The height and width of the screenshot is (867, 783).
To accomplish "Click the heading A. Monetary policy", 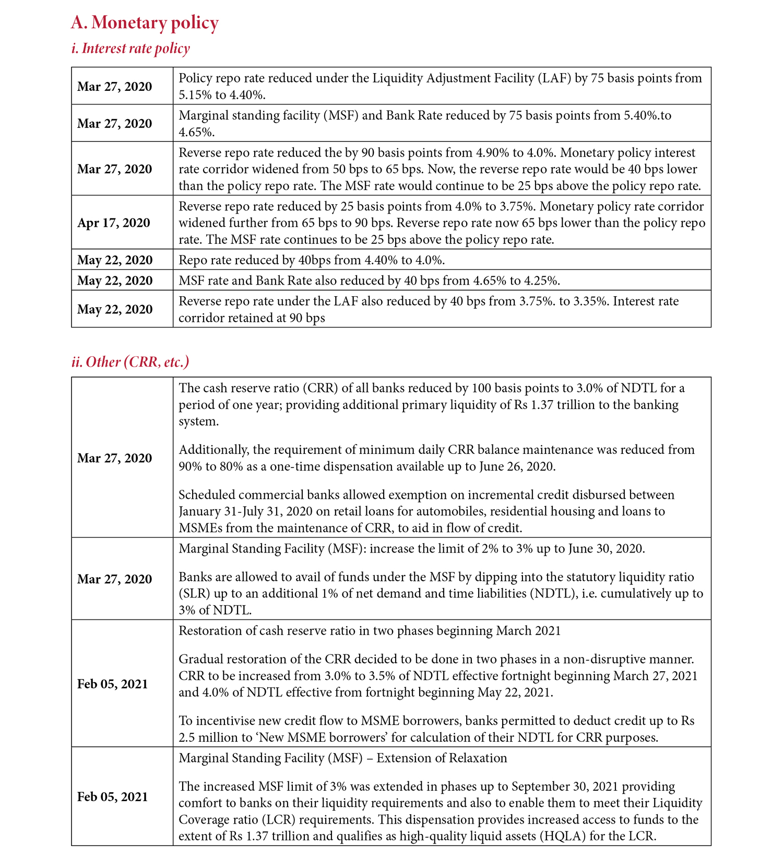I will [145, 22].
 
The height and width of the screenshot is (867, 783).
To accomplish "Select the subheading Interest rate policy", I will [130, 49].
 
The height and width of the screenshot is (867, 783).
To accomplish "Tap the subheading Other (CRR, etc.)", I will [130, 362].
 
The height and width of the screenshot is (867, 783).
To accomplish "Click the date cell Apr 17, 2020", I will [114, 223].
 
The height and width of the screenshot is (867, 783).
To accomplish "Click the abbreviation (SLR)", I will [193, 594].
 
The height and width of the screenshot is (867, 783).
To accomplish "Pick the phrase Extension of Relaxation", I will [442, 758].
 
